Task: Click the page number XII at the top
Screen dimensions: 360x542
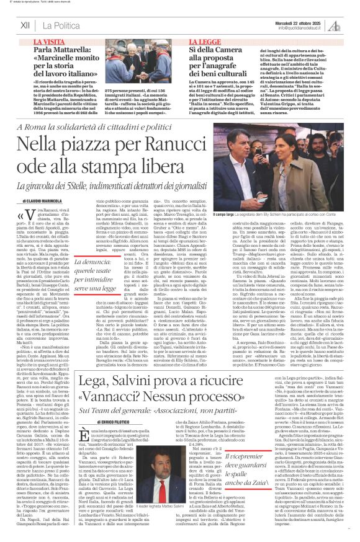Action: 26,25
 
